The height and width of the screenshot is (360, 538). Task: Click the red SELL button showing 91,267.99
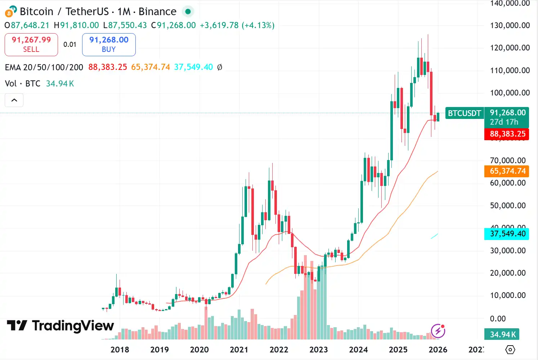point(31,44)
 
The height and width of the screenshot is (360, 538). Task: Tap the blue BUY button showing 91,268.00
point(109,44)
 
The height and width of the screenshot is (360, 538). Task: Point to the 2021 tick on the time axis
point(239,350)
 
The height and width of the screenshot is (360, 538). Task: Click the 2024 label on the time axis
point(358,350)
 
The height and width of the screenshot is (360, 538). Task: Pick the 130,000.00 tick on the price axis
point(510,25)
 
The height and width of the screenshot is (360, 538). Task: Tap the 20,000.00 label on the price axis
point(508,273)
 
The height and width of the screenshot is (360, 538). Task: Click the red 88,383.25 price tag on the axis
point(507,134)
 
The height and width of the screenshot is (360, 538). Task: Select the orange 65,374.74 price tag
point(507,171)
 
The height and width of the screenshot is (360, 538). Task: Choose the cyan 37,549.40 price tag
point(507,234)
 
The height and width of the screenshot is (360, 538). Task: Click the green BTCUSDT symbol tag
point(464,113)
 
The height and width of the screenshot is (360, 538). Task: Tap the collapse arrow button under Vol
point(14,100)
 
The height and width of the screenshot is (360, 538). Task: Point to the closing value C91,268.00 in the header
point(174,25)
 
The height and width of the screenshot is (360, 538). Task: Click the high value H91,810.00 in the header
point(76,25)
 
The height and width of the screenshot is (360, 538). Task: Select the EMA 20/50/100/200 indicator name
point(44,67)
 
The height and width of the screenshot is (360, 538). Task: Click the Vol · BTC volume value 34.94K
point(60,84)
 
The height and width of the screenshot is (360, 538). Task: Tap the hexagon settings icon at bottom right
point(510,350)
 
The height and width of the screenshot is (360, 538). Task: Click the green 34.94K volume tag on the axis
point(503,334)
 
